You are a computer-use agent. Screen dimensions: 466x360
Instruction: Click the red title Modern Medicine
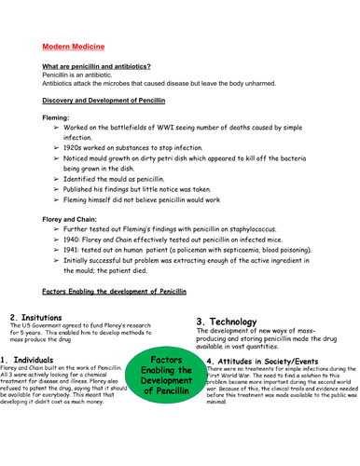pyautogui.click(x=74, y=47)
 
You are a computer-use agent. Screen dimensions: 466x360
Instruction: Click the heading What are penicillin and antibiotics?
pyautogui.click(x=96, y=66)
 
